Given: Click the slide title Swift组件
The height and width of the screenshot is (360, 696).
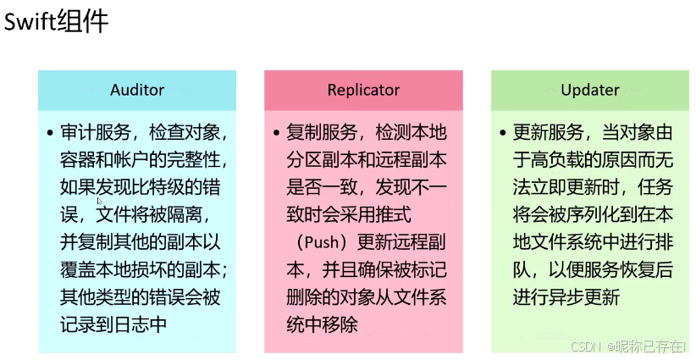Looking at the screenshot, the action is [57, 21].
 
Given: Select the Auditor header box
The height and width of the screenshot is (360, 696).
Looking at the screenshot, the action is [137, 90].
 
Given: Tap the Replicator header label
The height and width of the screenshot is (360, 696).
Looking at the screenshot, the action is [363, 90].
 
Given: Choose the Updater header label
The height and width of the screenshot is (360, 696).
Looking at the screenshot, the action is [590, 90].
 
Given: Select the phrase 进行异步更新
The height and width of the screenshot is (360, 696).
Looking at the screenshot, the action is [566, 297].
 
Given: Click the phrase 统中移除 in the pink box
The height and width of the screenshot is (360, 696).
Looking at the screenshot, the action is [323, 324].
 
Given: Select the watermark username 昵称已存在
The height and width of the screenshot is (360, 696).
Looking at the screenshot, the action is [651, 346].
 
